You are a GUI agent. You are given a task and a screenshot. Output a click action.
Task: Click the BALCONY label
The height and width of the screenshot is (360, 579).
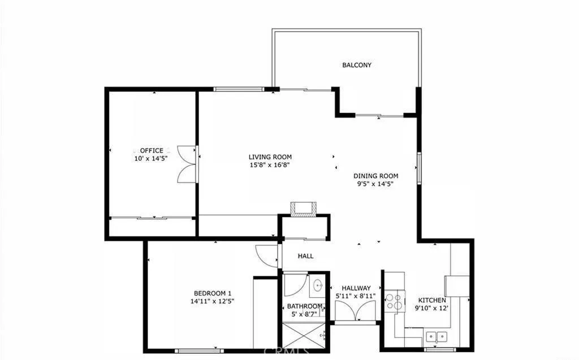[x=357, y=65]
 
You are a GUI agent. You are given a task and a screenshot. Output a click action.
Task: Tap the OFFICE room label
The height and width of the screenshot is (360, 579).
[x=151, y=150]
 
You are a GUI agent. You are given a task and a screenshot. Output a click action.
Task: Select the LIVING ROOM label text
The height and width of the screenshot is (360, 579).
[x=270, y=157]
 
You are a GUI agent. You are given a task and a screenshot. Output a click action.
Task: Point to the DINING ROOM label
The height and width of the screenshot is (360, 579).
[x=376, y=176]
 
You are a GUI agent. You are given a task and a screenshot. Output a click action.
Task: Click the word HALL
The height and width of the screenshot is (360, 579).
[x=305, y=256]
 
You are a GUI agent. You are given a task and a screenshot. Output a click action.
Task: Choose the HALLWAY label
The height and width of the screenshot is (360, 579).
[x=356, y=288]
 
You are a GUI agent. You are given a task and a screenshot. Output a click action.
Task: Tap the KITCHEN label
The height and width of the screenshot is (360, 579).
[x=431, y=300]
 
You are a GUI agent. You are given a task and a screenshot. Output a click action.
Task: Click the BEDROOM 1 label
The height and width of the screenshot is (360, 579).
[x=213, y=293]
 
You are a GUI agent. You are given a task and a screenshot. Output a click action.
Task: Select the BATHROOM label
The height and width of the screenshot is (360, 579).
[x=305, y=306]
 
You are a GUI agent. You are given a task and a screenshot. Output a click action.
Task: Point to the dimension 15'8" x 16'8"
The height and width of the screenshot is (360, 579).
[x=270, y=165]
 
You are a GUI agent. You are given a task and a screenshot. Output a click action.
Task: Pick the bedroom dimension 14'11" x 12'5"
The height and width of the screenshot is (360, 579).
[x=213, y=301]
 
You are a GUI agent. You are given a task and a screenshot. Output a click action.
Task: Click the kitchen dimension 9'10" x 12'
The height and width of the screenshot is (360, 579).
[x=431, y=308]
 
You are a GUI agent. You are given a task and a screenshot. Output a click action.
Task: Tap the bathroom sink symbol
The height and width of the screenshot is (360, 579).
[x=318, y=285]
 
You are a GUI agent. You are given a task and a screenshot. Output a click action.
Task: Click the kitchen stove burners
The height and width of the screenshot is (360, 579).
[x=395, y=301]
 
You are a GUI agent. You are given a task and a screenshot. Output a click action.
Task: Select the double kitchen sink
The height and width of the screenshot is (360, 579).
[x=435, y=336]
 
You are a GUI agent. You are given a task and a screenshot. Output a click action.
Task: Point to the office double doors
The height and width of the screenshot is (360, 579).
[x=186, y=164]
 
